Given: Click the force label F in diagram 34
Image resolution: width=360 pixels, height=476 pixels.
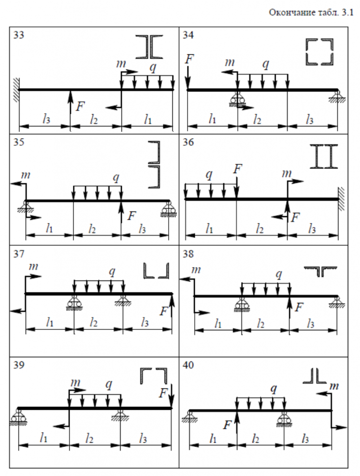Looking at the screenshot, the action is pyautogui.click(x=190, y=59).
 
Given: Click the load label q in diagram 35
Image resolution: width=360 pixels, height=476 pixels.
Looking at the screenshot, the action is pyautogui.click(x=115, y=177).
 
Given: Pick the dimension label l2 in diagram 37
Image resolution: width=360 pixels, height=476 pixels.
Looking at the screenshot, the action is pyautogui.click(x=94, y=322).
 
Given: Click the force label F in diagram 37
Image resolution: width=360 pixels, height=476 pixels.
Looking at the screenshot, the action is pyautogui.click(x=164, y=311).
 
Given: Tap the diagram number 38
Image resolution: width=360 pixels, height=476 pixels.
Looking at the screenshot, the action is pyautogui.click(x=188, y=254).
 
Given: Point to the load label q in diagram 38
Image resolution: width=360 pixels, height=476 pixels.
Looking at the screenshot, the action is pyautogui.click(x=279, y=274).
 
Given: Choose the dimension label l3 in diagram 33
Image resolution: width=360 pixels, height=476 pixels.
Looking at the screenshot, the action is pyautogui.click(x=46, y=120).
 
